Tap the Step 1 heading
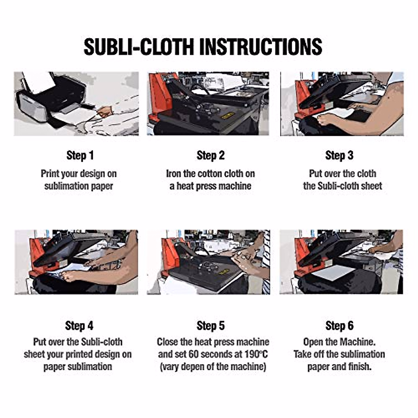coord(80,155)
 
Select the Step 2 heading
coord(210,155)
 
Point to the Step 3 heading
coord(339,155)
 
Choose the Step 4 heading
coord(79,326)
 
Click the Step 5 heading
coord(210,326)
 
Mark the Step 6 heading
coord(339,326)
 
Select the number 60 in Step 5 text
coord(194,354)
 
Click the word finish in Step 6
coord(359,366)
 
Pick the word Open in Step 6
coord(313,342)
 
